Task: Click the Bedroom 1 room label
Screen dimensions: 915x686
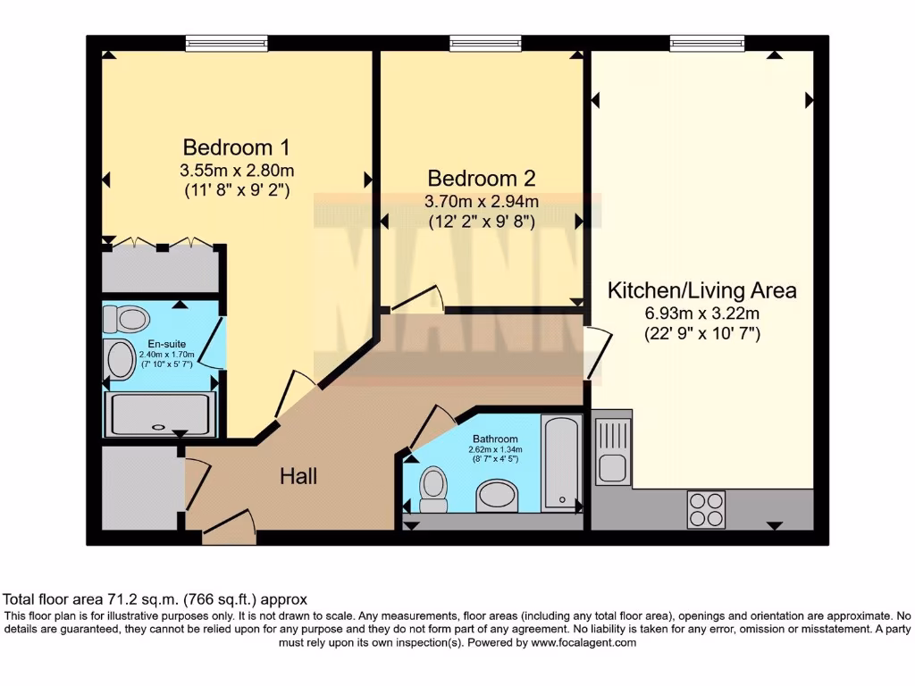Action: [236, 147]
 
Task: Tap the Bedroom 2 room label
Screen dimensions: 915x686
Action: [482, 179]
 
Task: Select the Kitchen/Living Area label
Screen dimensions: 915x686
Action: [702, 290]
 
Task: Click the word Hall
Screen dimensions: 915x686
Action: [298, 477]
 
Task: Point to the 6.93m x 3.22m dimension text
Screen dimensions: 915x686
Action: [702, 314]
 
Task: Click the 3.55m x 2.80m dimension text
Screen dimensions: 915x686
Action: [237, 171]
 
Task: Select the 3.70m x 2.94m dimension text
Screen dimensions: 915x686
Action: [482, 202]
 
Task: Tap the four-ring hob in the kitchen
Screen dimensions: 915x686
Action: [706, 509]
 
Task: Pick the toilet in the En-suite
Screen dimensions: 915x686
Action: [126, 319]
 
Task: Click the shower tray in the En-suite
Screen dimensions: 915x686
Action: [160, 414]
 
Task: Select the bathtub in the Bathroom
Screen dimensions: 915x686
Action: [561, 464]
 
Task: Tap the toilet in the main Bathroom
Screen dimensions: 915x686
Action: [433, 489]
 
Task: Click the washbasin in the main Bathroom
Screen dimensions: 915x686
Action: [497, 496]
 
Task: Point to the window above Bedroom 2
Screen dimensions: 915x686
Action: [485, 43]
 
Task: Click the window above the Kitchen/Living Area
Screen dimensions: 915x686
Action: [708, 43]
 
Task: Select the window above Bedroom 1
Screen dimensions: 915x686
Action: [227, 43]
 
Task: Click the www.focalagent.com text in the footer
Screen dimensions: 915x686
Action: [583, 643]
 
